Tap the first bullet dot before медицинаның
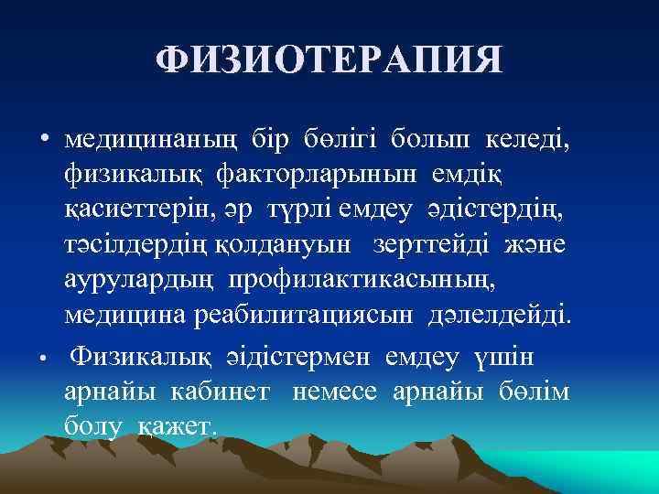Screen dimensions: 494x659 43,140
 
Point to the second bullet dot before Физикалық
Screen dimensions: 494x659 43,357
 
